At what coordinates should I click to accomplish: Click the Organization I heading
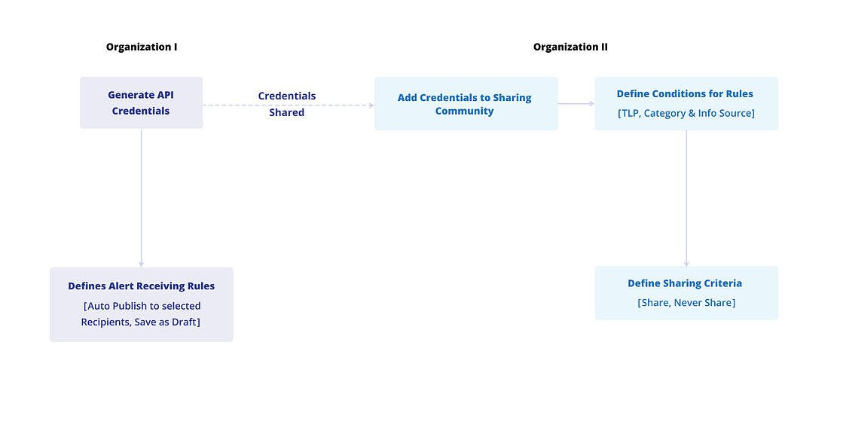(142, 47)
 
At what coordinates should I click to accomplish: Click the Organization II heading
(570, 47)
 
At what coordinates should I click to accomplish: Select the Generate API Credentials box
(141, 102)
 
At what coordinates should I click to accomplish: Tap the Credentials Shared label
(286, 104)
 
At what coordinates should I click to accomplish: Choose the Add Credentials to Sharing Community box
(466, 104)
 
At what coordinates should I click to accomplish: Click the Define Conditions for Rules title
(685, 94)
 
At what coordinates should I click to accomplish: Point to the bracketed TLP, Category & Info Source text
(686, 113)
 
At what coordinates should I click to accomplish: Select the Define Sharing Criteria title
(685, 283)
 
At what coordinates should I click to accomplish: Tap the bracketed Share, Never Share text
(686, 302)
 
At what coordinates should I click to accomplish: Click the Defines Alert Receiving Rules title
(141, 286)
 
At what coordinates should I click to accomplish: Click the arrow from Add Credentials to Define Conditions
(576, 104)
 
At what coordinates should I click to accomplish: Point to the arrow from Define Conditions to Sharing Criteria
(686, 197)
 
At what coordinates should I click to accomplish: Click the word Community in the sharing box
(464, 111)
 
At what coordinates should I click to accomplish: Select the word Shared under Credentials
(286, 112)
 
